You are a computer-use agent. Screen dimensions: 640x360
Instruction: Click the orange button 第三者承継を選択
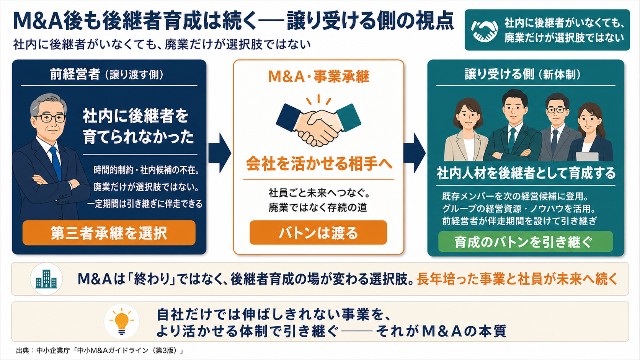click(109, 233)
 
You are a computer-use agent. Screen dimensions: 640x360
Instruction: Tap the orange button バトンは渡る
click(318, 232)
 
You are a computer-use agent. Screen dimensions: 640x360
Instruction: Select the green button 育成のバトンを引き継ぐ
click(526, 241)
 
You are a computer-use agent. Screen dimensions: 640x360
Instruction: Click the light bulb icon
click(122, 321)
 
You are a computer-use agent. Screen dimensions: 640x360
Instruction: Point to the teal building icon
click(46, 279)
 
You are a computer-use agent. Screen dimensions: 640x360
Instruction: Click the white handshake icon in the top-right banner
click(484, 30)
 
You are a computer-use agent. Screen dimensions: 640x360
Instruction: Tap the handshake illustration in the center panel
click(318, 121)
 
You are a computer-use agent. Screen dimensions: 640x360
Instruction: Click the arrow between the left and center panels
click(219, 153)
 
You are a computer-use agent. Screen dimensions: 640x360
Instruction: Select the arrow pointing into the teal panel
click(415, 153)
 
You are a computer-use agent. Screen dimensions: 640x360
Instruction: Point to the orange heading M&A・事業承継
click(318, 76)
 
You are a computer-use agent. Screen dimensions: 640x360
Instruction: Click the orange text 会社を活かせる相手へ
click(319, 164)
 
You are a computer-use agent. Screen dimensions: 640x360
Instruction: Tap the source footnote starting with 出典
click(100, 350)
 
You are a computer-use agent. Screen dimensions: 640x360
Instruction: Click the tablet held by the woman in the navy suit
click(587, 156)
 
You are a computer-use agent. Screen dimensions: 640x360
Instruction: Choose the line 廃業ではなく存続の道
click(318, 208)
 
